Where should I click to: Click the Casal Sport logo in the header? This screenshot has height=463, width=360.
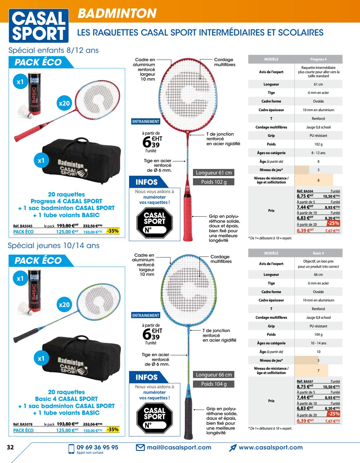click(x=39, y=26)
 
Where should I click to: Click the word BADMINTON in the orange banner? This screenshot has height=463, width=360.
click(x=117, y=13)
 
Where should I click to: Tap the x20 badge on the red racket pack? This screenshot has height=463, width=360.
click(x=64, y=103)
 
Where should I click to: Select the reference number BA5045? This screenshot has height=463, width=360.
click(x=23, y=226)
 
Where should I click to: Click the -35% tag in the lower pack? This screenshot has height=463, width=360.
click(x=113, y=429)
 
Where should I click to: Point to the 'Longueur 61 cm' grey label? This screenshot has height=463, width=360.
click(x=214, y=173)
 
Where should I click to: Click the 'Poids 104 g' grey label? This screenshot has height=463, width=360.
click(x=214, y=384)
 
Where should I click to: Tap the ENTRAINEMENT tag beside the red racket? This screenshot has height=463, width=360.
click(x=146, y=121)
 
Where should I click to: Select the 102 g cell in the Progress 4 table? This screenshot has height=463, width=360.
click(x=318, y=144)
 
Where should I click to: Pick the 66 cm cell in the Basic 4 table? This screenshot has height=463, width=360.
click(x=318, y=275)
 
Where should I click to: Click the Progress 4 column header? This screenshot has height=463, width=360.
click(x=318, y=59)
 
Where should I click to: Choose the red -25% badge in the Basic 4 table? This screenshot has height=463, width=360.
click(x=333, y=414)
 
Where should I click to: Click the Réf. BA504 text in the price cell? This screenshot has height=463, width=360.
click(x=305, y=191)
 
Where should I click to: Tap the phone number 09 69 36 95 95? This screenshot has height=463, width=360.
click(x=98, y=447)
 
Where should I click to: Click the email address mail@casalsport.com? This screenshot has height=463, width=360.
click(x=179, y=447)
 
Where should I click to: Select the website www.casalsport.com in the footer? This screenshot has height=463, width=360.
click(x=270, y=447)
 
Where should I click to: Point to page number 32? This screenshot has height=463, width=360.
click(x=10, y=447)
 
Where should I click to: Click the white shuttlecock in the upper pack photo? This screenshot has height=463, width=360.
click(x=25, y=112)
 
